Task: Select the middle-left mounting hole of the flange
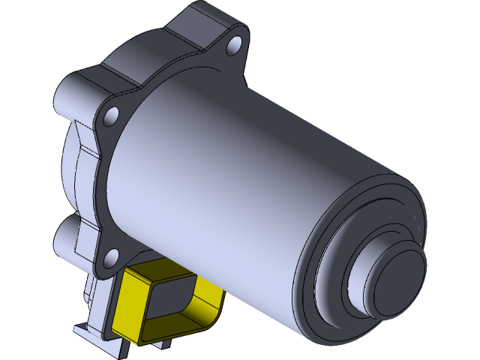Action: [112, 115]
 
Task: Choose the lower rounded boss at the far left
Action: [66, 238]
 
